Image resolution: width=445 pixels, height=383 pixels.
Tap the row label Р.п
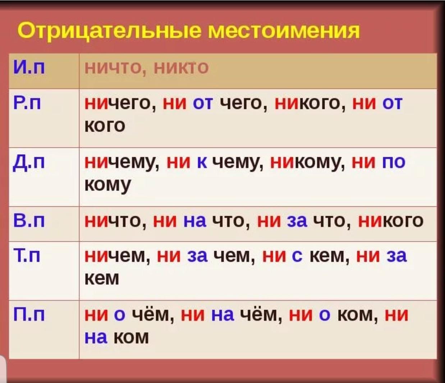pos(27,103)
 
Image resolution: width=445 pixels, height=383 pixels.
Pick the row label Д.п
pos(29,163)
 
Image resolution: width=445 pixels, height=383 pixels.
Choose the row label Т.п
pos(27,256)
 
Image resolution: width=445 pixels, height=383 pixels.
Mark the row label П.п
pos(29,315)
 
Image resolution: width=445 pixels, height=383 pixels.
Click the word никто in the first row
pos(181,68)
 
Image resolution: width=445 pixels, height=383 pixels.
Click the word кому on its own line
pos(107,185)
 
